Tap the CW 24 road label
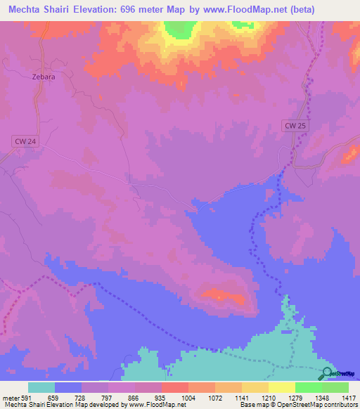[x=23, y=141]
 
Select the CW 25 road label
[x=296, y=126]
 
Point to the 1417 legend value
[x=348, y=397]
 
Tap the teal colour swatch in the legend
[x=41, y=387]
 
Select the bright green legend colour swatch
[x=309, y=387]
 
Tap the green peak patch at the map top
[x=180, y=29]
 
